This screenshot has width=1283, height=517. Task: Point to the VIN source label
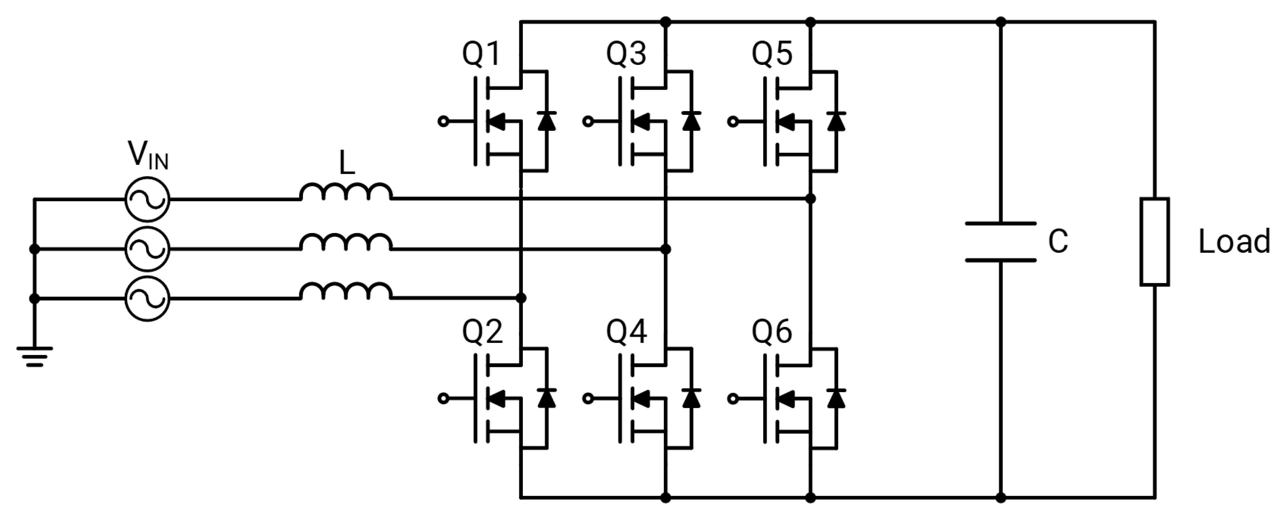tap(148, 155)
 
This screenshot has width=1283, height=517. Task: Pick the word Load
tap(1234, 242)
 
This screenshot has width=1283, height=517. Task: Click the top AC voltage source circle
tap(148, 199)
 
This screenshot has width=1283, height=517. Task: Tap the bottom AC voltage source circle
tap(148, 299)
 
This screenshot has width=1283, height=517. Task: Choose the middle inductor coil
tap(346, 242)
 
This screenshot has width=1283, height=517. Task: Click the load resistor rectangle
tap(1154, 242)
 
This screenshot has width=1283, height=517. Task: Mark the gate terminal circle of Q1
tap(443, 121)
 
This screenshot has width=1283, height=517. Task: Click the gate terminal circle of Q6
tap(733, 398)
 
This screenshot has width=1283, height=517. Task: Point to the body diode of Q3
tap(691, 121)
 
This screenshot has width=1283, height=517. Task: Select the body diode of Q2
tap(547, 398)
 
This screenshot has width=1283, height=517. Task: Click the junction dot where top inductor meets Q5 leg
tap(810, 199)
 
